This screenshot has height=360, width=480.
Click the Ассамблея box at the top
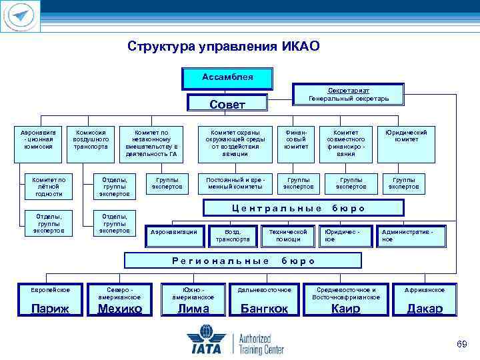coord(227,77)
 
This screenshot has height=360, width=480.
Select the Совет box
coord(227,104)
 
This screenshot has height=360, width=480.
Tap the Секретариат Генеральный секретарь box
coord(349,94)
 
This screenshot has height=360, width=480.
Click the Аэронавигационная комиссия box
coord(39,141)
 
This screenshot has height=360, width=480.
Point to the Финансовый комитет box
coord(296,143)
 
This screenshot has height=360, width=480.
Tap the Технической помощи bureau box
coord(289,235)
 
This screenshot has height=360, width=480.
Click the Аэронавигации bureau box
coord(174,231)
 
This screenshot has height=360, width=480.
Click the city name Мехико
coord(120,308)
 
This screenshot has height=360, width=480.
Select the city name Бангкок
coord(264,309)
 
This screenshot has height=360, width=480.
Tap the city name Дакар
coord(425,309)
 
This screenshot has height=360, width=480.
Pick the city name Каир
coord(345,309)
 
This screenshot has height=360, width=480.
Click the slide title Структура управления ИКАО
coord(224,47)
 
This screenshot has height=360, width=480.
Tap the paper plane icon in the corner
coord(21,16)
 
